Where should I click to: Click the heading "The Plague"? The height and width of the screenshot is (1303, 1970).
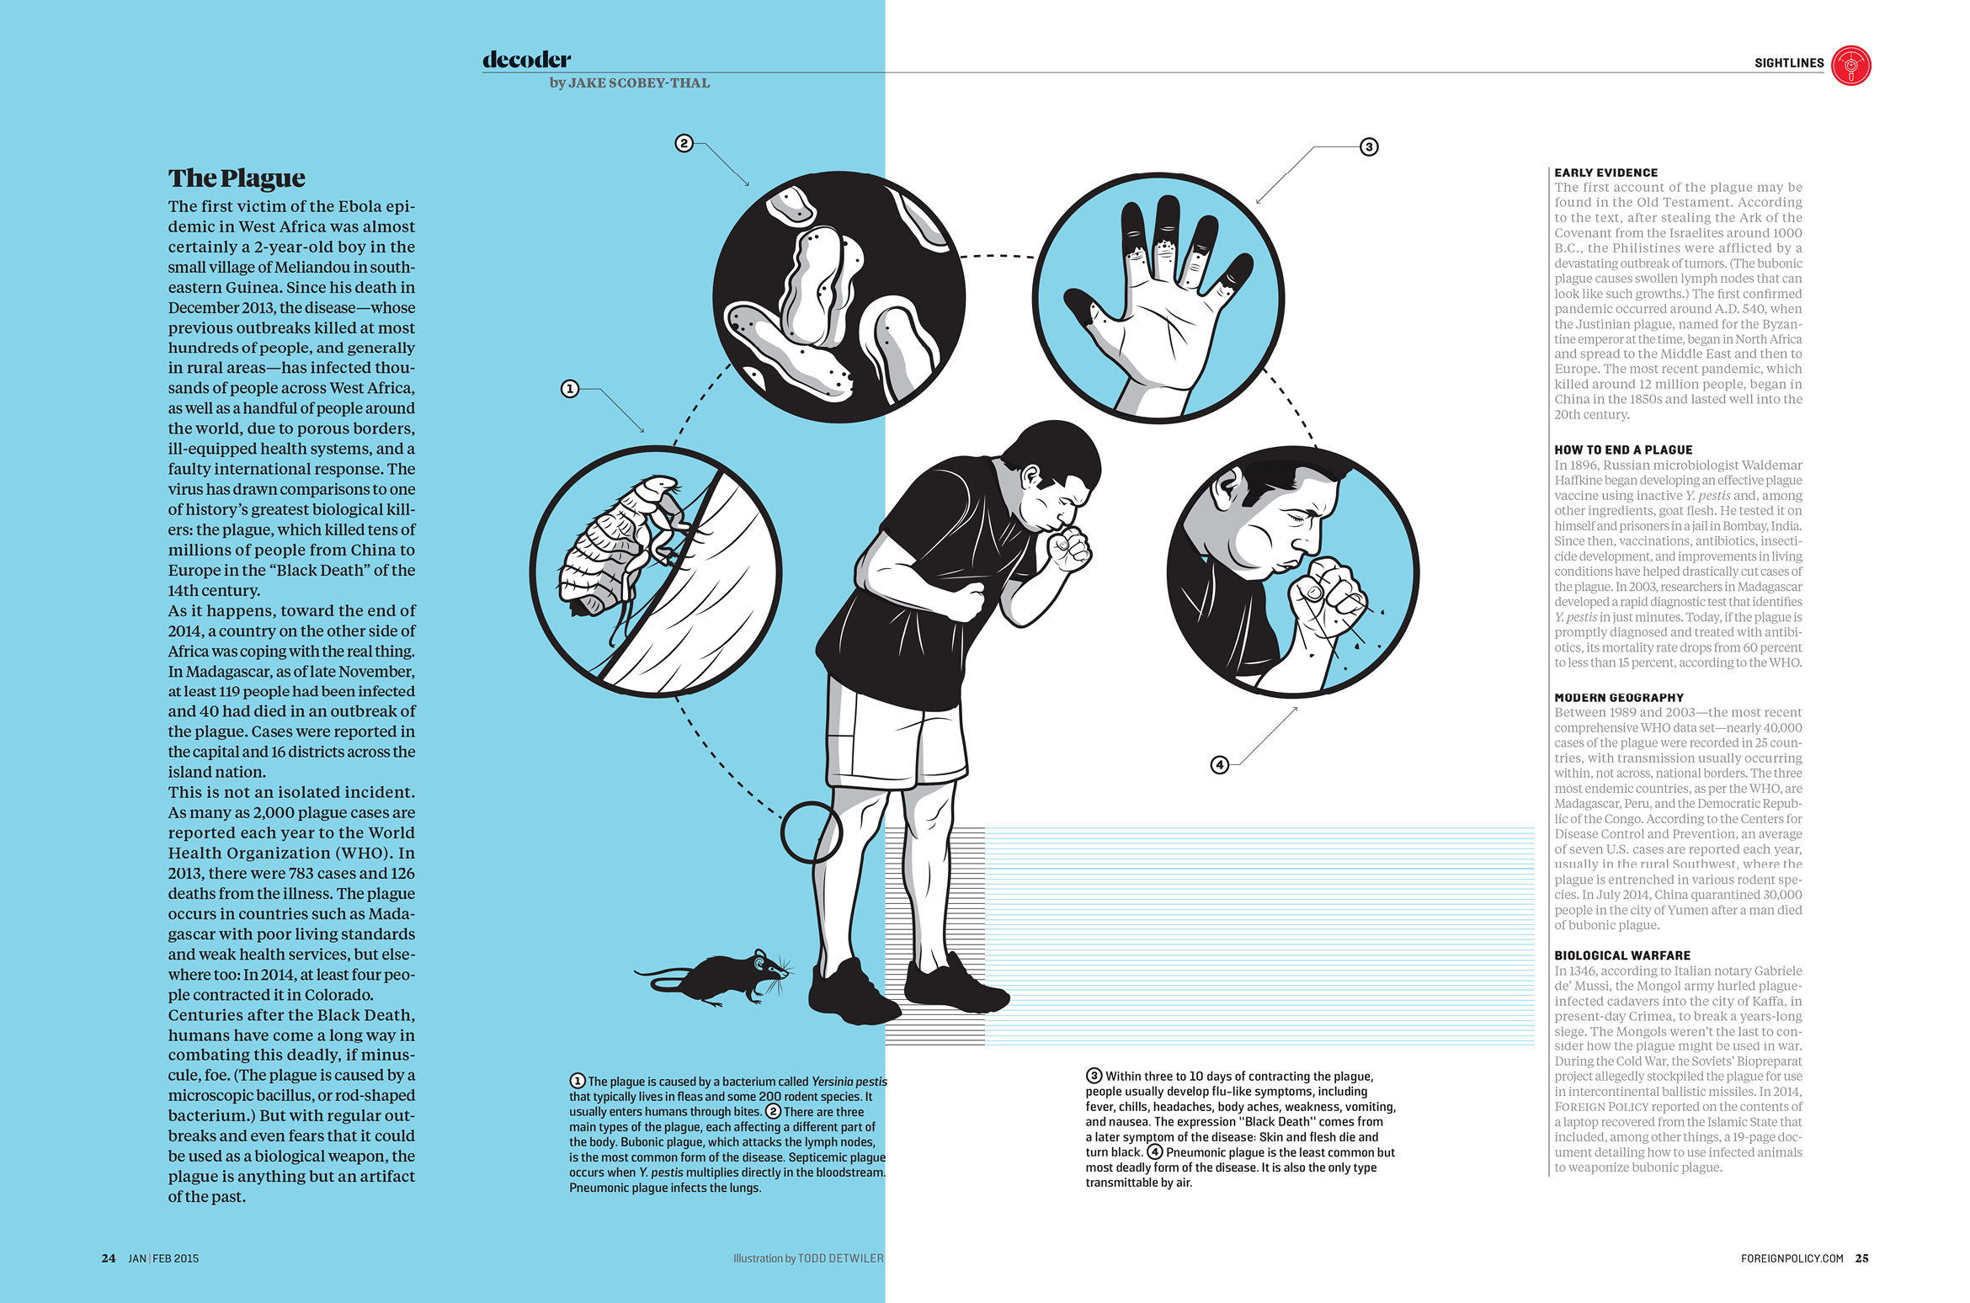pos(237,178)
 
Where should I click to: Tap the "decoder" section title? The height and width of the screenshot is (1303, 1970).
pos(526,59)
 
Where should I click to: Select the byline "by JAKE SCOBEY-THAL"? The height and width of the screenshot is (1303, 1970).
pos(630,82)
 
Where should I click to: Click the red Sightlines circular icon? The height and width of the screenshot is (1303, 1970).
pos(1850,66)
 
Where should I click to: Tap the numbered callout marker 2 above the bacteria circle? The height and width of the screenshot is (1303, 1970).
pos(684,143)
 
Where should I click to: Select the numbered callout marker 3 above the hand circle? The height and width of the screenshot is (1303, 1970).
pos(1369,147)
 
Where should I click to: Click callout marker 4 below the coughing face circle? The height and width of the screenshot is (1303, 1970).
pos(1219,764)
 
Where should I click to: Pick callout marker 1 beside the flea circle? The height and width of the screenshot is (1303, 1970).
pos(570,389)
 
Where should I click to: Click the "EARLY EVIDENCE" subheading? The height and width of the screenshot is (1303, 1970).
pos(1605,173)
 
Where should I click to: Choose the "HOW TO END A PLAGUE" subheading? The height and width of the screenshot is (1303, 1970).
pos(1623,450)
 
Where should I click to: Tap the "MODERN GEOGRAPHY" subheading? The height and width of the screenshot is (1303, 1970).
pos(1619,698)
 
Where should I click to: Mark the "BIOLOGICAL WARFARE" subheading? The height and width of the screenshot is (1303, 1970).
pos(1622,955)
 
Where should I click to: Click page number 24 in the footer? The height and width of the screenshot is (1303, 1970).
pos(109,1258)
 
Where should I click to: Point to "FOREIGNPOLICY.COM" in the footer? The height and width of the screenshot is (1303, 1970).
pos(1792,1258)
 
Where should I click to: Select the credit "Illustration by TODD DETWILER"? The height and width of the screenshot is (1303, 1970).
pos(808,1258)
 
